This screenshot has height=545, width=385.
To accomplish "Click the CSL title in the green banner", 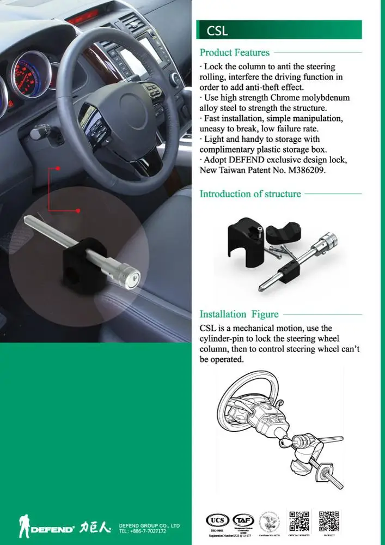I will coord(217,31).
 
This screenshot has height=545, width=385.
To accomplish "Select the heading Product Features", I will coord(234,53).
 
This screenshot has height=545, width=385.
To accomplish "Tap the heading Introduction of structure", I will coord(250,194).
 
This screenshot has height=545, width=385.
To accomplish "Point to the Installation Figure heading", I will coord(239,314).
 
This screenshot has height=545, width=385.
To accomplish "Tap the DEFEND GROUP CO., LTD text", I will coord(149,526).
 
